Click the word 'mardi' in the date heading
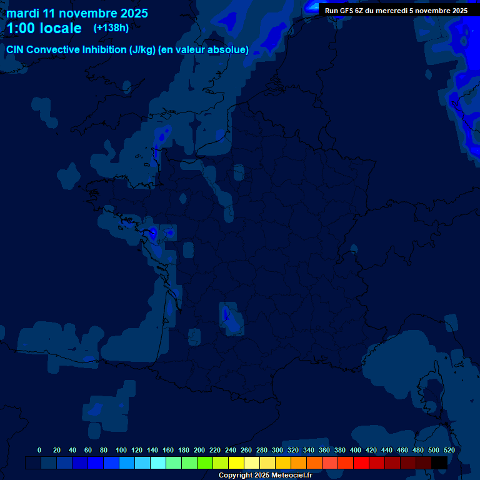22,13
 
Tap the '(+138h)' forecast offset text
111,28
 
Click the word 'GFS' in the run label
349,11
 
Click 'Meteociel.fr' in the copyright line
291,475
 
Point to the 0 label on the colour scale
39,450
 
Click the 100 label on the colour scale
121,450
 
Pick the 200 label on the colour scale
199,450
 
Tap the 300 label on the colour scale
277,450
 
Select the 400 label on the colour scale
356,450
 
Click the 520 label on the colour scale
449,450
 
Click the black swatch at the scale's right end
439,462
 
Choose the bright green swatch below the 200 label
205,462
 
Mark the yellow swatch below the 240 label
236,462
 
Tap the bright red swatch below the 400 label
361,462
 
